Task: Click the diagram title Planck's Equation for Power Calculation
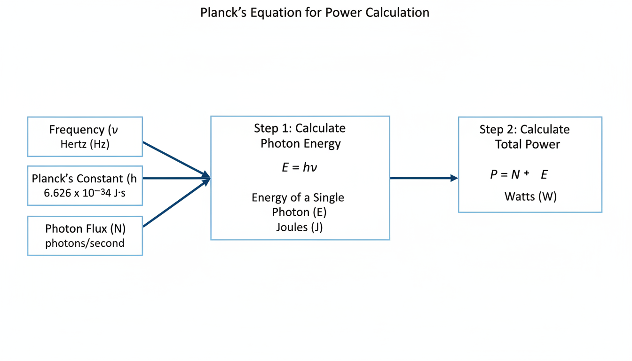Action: pyautogui.click(x=315, y=12)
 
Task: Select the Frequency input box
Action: pyautogui.click(x=85, y=136)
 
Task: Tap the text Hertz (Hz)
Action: pyautogui.click(x=85, y=144)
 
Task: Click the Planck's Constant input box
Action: pyautogui.click(x=85, y=185)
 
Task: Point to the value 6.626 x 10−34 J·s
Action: pyautogui.click(x=85, y=193)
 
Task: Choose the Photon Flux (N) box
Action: pyautogui.click(x=85, y=235)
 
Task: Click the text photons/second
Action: pyautogui.click(x=85, y=243)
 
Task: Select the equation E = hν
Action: pyautogui.click(x=300, y=167)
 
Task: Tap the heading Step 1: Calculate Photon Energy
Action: pyautogui.click(x=300, y=136)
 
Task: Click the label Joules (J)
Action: pyautogui.click(x=300, y=228)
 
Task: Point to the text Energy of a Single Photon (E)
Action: pyautogui.click(x=299, y=204)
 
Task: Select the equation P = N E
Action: pyautogui.click(x=519, y=175)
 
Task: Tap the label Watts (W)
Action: pyautogui.click(x=530, y=196)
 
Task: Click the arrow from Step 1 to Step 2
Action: pyautogui.click(x=423, y=178)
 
